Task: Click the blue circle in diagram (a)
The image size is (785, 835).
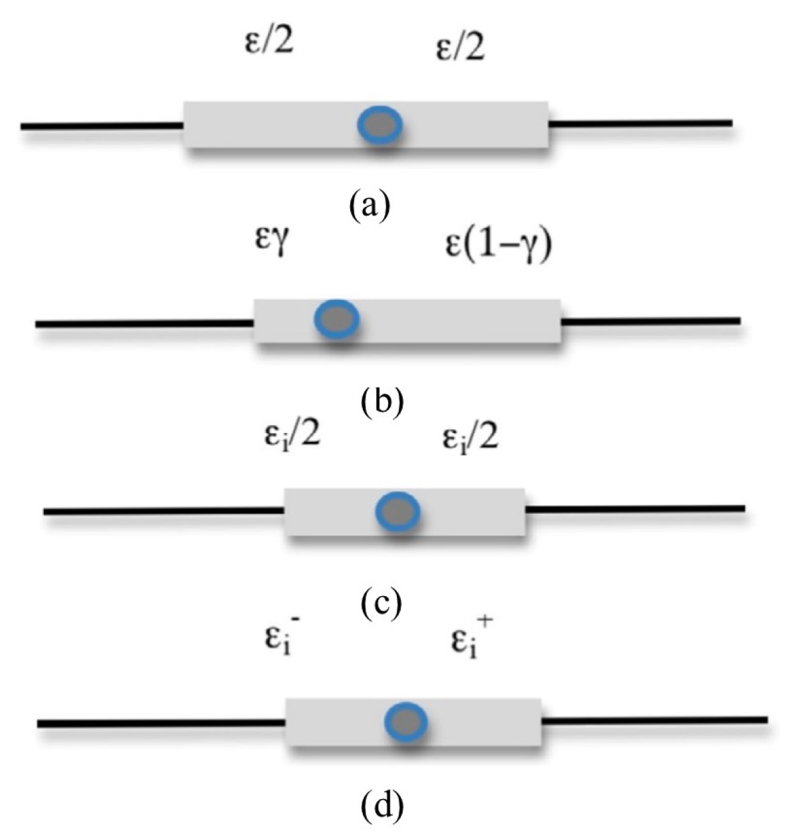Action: click(x=380, y=125)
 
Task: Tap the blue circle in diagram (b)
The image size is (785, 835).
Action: click(x=337, y=319)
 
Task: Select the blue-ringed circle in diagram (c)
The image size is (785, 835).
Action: click(x=398, y=511)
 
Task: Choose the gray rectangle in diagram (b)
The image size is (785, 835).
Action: click(x=459, y=321)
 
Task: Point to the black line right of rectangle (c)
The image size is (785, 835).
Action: click(x=635, y=510)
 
